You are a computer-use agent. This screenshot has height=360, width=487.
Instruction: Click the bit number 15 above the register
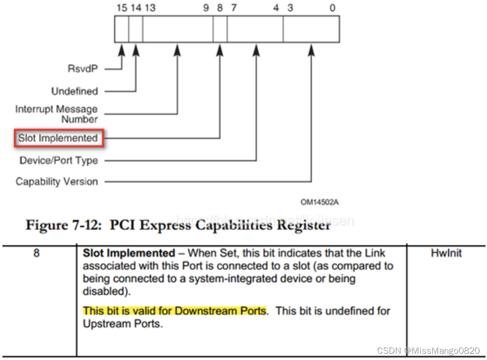click(x=122, y=8)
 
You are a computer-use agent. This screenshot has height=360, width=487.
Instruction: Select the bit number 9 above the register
click(x=206, y=8)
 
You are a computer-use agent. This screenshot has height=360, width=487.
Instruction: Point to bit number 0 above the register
click(x=332, y=8)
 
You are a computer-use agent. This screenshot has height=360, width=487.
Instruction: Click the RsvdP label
click(x=83, y=69)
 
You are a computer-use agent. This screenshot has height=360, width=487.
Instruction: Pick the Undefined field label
click(x=75, y=91)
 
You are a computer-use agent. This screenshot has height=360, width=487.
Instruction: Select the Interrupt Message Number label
click(x=57, y=114)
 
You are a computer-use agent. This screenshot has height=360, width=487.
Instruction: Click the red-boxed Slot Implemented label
click(x=58, y=138)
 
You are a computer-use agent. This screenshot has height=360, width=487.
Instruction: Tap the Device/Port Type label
click(x=59, y=160)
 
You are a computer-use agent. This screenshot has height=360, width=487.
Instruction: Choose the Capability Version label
click(x=57, y=182)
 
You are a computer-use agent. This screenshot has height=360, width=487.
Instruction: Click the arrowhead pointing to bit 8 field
click(x=220, y=49)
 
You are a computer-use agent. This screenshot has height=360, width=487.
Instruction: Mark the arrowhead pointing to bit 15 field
click(x=122, y=49)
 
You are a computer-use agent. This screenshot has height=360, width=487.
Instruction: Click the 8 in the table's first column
click(x=36, y=253)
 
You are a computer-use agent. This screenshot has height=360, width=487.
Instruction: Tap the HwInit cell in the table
click(x=446, y=253)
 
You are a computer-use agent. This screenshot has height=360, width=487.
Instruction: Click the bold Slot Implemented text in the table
click(x=129, y=253)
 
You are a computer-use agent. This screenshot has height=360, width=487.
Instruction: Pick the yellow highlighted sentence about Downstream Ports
click(x=175, y=311)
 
